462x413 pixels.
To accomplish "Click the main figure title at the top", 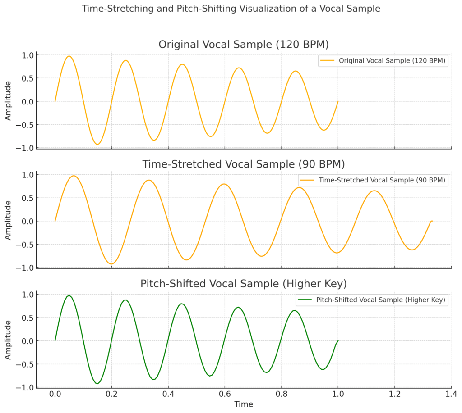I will tap(231, 9).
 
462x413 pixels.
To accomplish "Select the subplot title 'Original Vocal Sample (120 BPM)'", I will tap(244, 45).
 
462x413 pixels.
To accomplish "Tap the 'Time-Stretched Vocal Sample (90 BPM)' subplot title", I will tap(244, 164).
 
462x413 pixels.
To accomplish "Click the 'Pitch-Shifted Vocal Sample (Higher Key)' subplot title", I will tap(244, 284).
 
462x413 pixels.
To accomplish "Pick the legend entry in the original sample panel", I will tap(383, 61).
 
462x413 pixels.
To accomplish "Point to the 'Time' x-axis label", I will tap(244, 404).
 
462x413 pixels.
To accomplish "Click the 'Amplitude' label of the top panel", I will tap(8, 101).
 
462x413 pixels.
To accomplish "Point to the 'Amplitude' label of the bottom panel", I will tap(8, 340).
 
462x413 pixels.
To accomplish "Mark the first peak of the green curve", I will tap(69, 295).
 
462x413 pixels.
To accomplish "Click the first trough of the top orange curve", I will tap(97, 144).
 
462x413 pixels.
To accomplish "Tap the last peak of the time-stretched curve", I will tap(374, 191).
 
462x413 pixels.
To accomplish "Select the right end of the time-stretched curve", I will tap(432, 221).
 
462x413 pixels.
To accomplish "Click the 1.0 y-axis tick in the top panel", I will tap(28, 55).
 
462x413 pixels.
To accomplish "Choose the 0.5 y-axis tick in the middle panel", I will tap(28, 198).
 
